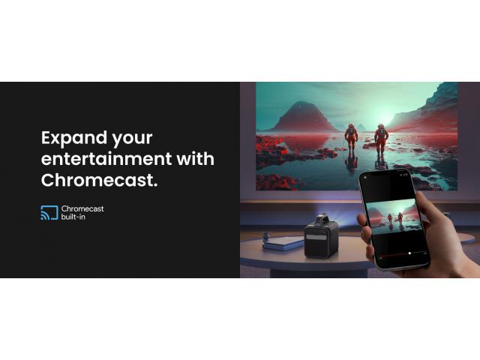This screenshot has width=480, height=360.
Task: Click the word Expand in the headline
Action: click(x=73, y=138)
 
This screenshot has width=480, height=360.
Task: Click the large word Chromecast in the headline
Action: click(x=99, y=180)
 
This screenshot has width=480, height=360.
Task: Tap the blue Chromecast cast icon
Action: click(x=49, y=213)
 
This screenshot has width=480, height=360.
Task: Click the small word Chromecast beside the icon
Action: click(x=82, y=208)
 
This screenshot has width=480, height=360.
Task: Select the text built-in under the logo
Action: click(x=73, y=217)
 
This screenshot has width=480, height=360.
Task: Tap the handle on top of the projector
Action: click(x=321, y=218)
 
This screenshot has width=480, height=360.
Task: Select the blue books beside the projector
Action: click(x=283, y=243)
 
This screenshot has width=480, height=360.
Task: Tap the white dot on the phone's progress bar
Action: click(x=409, y=253)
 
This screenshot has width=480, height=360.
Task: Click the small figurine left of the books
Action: click(x=265, y=237)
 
